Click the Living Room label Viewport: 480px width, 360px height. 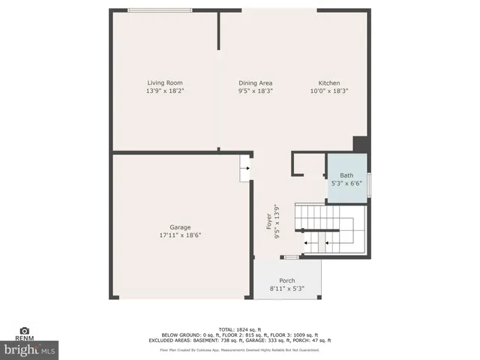tap(164, 83)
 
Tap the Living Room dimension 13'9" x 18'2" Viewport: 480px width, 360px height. tap(164, 91)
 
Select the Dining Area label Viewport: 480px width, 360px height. tap(255, 83)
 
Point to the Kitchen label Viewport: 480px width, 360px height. tap(329, 83)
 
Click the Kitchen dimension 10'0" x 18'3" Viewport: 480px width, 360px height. tap(329, 91)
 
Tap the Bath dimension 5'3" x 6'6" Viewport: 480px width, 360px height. tap(346, 183)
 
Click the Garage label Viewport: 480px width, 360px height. tap(180, 227)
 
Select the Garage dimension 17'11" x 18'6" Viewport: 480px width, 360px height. tap(180, 235)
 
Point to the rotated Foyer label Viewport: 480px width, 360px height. tap(268, 223)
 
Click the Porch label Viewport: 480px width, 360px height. tap(287, 280)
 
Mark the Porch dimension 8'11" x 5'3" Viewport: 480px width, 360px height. tap(287, 288)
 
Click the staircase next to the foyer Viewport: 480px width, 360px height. tap(330, 229)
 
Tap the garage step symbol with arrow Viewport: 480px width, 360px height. tap(244, 169)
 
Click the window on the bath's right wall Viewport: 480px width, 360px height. tap(369, 184)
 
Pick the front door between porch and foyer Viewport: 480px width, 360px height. tap(289, 257)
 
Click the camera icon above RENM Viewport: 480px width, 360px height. tap(24, 331)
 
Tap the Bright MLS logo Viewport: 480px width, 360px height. tap(30, 349)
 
